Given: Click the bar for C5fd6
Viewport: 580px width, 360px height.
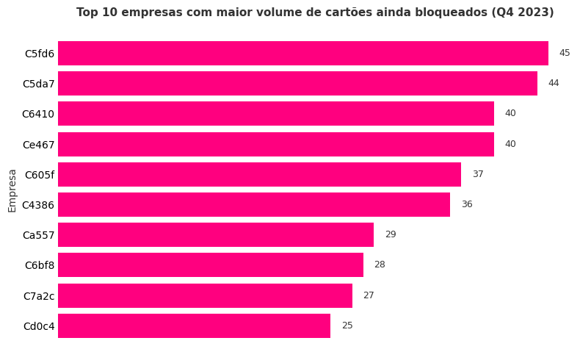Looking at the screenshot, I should click(302, 54).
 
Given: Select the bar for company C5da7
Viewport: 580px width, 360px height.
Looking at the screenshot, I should click(297, 84).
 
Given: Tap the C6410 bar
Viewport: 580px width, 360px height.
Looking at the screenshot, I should click(275, 114).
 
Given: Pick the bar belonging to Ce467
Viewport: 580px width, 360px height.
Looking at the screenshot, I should click(275, 145).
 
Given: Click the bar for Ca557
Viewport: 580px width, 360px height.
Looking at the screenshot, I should click(215, 235).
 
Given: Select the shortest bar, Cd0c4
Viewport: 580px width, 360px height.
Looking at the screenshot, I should click(194, 326).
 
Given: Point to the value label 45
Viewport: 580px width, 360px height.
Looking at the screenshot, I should click(565, 53).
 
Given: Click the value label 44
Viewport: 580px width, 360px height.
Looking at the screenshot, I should click(554, 83).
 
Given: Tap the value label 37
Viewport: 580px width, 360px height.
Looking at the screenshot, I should click(478, 174).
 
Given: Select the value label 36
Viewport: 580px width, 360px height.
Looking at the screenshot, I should click(467, 204).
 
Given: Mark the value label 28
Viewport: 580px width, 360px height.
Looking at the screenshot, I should click(380, 264).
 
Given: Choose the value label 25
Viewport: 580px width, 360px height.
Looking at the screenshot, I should click(347, 325).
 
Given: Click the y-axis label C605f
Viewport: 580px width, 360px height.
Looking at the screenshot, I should click(40, 175).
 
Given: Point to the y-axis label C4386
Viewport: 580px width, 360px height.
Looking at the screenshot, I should click(38, 205).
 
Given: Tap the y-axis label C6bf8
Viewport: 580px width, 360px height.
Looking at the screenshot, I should click(40, 265).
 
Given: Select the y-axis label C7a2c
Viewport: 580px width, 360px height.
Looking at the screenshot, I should click(39, 296).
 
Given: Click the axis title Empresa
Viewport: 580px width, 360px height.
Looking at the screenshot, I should click(12, 190).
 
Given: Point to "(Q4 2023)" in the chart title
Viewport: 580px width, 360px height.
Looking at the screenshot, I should click(523, 12).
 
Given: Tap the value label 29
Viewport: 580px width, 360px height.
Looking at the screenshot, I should click(391, 234).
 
